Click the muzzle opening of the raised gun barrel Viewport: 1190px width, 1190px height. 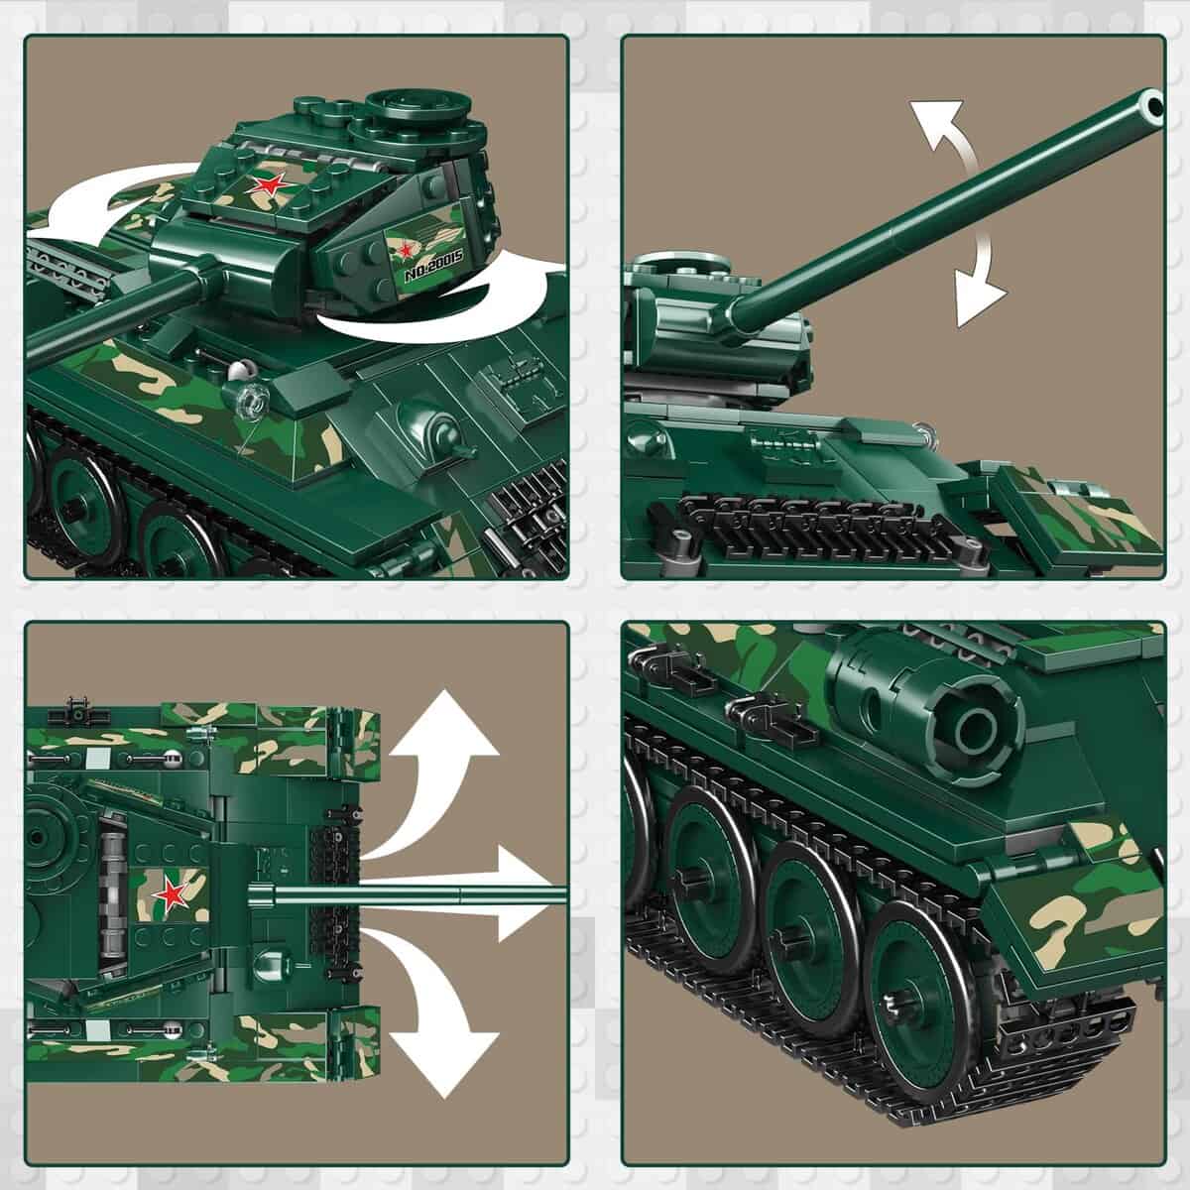pos(1152,103)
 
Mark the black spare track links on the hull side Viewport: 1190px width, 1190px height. pos(793,521)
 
